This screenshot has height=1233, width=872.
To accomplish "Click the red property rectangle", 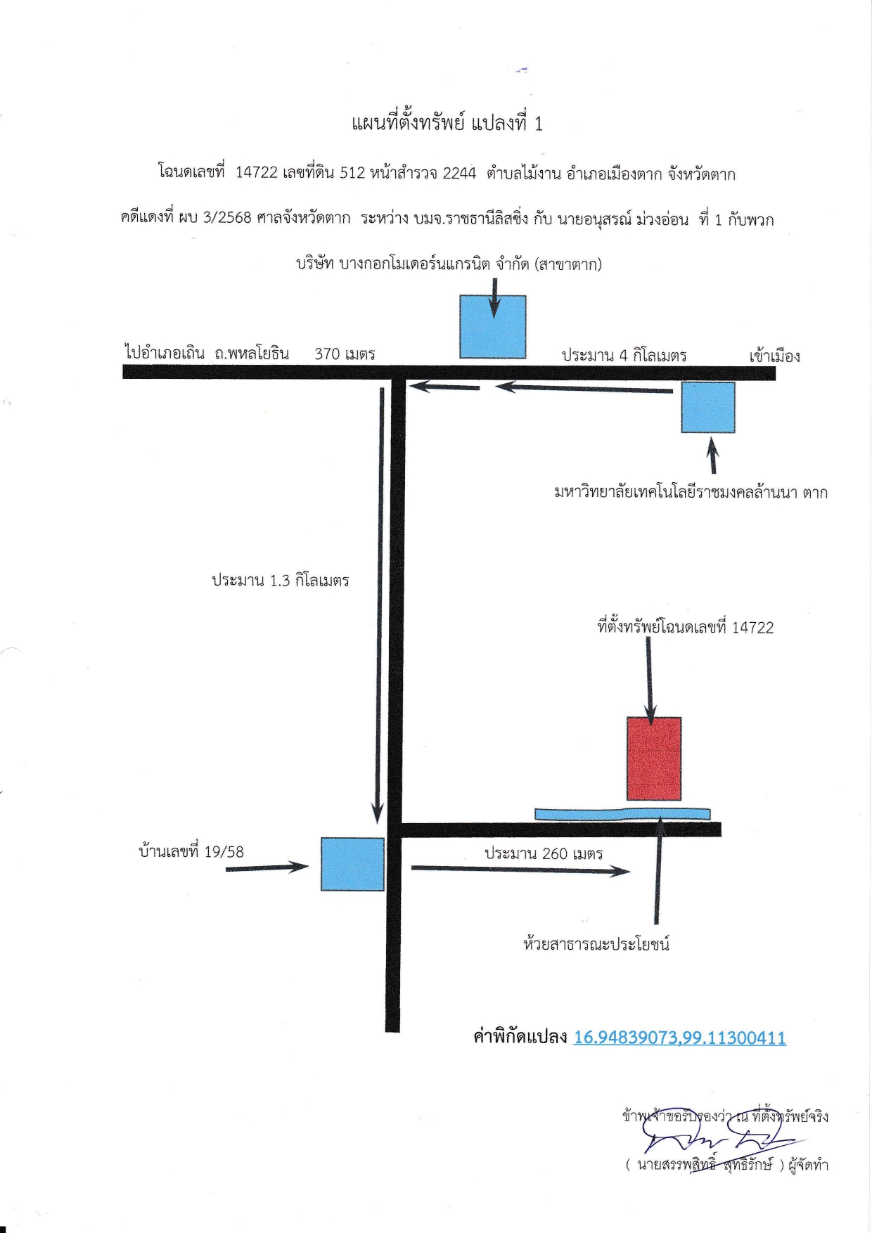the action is (x=654, y=758).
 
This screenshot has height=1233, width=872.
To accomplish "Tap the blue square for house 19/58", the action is (x=353, y=864).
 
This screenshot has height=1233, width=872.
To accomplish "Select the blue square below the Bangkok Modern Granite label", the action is (x=493, y=327).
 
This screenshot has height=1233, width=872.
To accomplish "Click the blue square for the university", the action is (x=708, y=407).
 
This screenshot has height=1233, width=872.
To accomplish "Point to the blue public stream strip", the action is (x=622, y=814).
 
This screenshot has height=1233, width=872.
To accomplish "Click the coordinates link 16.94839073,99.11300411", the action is (x=680, y=1038).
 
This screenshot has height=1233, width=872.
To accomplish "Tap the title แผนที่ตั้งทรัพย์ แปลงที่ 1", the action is (x=447, y=124).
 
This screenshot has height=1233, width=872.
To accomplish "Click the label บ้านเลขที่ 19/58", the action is (x=191, y=851).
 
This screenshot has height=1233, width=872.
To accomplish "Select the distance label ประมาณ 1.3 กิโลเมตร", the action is (x=281, y=581).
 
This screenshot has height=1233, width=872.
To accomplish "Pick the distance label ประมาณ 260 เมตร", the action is (x=544, y=853).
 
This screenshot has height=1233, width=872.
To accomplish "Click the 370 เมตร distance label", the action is (x=345, y=354).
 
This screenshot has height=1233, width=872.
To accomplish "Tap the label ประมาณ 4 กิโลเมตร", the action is (x=624, y=356).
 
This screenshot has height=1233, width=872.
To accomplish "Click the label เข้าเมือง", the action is (x=774, y=356).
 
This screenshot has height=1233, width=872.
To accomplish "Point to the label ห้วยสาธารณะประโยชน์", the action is (x=596, y=943).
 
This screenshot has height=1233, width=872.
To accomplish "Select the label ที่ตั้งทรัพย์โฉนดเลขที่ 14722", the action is (x=686, y=627).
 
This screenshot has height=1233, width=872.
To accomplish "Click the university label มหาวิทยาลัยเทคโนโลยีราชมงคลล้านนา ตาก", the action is (x=691, y=492).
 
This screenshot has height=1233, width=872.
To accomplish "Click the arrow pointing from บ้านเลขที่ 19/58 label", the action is (x=267, y=868).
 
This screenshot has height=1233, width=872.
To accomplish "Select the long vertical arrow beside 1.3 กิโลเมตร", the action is (x=380, y=605).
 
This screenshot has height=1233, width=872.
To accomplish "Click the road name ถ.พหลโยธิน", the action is (x=252, y=353).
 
